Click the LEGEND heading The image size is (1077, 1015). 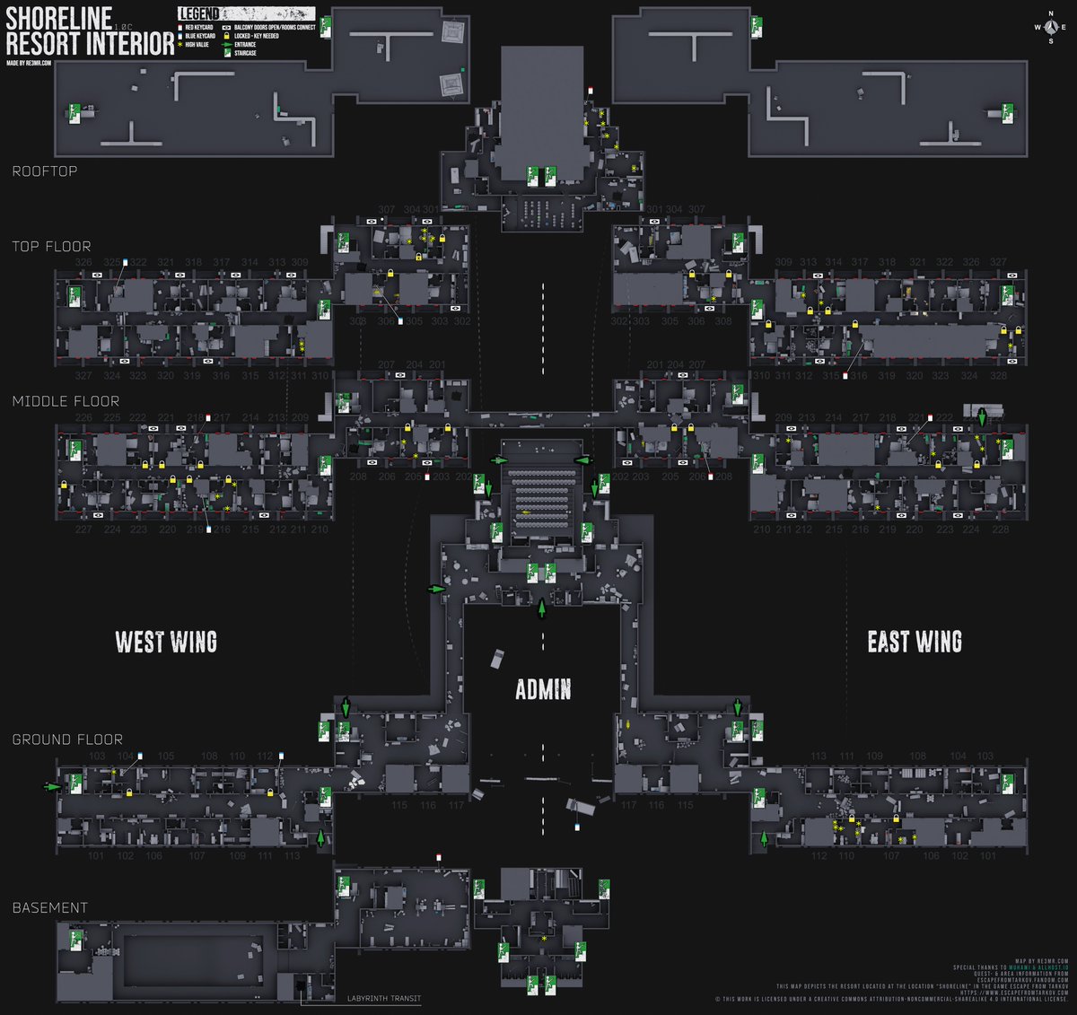(x=199, y=14)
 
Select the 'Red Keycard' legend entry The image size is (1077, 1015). (x=198, y=28)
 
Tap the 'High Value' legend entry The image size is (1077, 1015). (x=197, y=44)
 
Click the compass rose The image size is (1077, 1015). (x=1049, y=27)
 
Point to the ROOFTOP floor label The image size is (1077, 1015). (x=44, y=171)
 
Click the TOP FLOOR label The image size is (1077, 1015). (x=51, y=246)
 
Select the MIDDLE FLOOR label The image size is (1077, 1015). (x=66, y=401)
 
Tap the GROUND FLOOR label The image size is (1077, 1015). (x=67, y=739)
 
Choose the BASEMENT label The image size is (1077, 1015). (x=50, y=907)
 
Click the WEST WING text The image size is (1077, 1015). (x=166, y=642)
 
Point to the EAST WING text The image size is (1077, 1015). (x=915, y=642)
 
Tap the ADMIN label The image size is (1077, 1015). (x=543, y=689)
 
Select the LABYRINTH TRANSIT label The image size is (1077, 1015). (x=383, y=999)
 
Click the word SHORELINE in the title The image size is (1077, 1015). (x=59, y=17)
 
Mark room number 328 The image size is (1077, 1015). (x=998, y=376)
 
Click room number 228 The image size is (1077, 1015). (x=1000, y=529)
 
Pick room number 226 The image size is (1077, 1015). (x=83, y=417)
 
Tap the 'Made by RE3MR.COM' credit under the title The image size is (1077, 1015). (x=29, y=63)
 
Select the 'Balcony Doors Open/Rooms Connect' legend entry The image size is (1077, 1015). (x=274, y=28)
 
